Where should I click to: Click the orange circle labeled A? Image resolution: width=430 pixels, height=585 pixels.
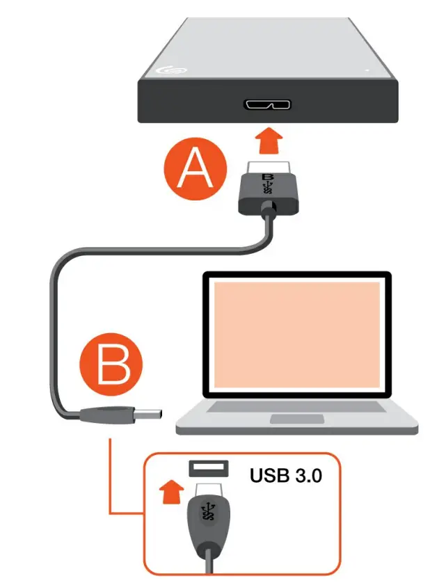(196, 169)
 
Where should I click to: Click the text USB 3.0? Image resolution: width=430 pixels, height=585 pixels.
(285, 476)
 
